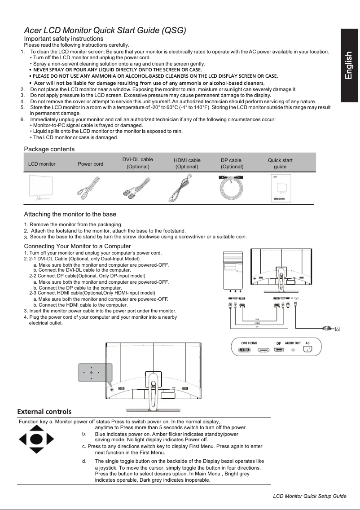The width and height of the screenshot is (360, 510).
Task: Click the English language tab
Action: (x=350, y=66)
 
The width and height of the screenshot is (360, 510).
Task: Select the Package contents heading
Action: (x=49, y=149)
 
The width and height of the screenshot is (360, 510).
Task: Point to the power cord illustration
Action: (x=90, y=189)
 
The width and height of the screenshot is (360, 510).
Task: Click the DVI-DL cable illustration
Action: (x=137, y=189)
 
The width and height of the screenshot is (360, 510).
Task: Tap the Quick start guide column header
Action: (x=280, y=163)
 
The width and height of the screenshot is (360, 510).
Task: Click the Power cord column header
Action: (x=90, y=164)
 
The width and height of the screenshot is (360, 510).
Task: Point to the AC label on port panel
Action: (x=307, y=343)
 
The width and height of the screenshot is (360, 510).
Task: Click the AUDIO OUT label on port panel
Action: (x=293, y=343)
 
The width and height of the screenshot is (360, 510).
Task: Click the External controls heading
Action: (x=44, y=411)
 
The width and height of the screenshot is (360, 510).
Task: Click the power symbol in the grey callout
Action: (x=91, y=372)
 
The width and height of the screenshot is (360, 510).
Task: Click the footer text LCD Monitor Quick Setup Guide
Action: (x=310, y=496)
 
